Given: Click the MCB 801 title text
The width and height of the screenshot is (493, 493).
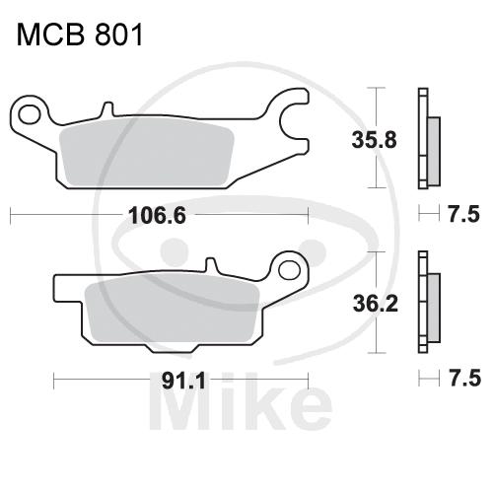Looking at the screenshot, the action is (x=80, y=35).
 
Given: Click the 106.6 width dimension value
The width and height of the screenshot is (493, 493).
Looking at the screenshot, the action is (x=157, y=216).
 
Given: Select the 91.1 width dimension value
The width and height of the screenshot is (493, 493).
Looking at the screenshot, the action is (x=183, y=381).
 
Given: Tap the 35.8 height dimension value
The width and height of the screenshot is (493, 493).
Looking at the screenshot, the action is (x=374, y=140).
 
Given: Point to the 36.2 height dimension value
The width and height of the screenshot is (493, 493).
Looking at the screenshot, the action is (x=376, y=304).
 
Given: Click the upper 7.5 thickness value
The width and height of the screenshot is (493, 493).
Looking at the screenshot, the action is (x=464, y=214).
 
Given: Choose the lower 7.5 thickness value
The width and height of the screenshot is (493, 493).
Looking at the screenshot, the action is (x=464, y=378).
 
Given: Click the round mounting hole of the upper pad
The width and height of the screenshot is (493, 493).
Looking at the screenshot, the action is (x=30, y=114).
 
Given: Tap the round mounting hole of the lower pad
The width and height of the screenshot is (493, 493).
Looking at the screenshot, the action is (x=289, y=270).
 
